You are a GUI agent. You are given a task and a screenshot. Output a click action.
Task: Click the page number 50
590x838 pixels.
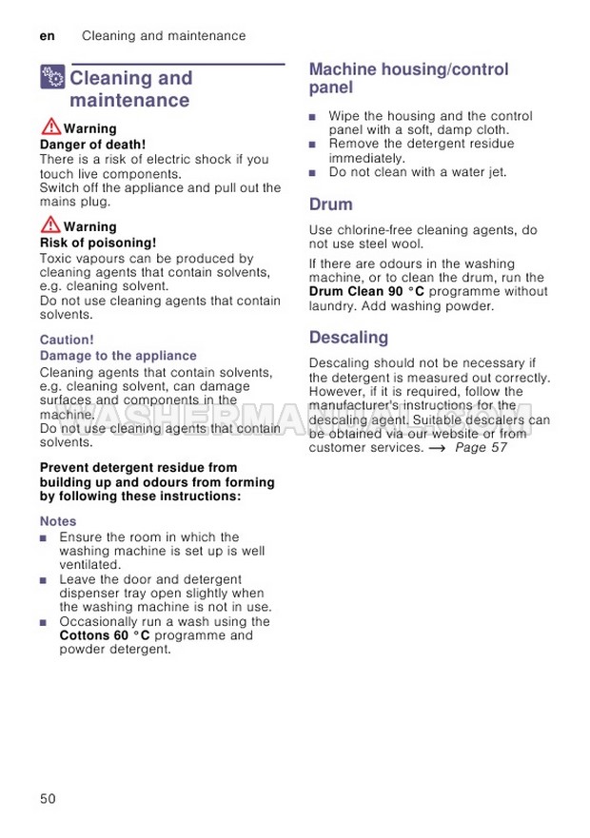pyautogui.click(x=49, y=798)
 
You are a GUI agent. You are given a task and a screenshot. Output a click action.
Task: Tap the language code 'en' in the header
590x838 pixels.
pyautogui.click(x=48, y=36)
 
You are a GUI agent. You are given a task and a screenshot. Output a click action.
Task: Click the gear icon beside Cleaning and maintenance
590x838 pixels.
pyautogui.click(x=52, y=78)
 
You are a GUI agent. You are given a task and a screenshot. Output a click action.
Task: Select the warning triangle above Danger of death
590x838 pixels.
pyautogui.click(x=50, y=127)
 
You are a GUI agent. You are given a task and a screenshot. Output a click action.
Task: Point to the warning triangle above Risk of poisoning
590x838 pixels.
pyautogui.click(x=50, y=225)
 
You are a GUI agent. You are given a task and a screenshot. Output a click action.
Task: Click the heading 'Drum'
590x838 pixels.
pyautogui.click(x=331, y=205)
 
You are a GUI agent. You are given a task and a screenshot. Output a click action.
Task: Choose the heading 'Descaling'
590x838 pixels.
pyautogui.click(x=349, y=338)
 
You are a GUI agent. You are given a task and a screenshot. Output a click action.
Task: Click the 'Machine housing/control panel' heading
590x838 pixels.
pyautogui.click(x=409, y=78)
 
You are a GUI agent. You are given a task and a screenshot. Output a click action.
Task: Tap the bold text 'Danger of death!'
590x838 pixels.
pyautogui.click(x=92, y=145)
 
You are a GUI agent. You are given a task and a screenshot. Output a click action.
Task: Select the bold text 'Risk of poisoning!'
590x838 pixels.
pyautogui.click(x=97, y=244)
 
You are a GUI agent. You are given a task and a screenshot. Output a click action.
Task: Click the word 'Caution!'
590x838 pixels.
pyautogui.click(x=67, y=340)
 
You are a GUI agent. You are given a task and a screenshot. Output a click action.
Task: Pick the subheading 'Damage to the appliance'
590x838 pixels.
pyautogui.click(x=118, y=356)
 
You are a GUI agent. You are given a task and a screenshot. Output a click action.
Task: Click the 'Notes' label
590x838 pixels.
pyautogui.click(x=58, y=521)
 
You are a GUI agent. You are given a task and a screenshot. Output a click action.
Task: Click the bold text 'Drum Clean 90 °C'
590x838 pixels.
pyautogui.click(x=367, y=291)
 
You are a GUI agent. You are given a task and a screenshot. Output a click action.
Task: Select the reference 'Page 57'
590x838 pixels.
pyautogui.click(x=481, y=447)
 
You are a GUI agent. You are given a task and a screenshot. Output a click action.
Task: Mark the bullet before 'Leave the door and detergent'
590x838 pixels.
pyautogui.click(x=44, y=579)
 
